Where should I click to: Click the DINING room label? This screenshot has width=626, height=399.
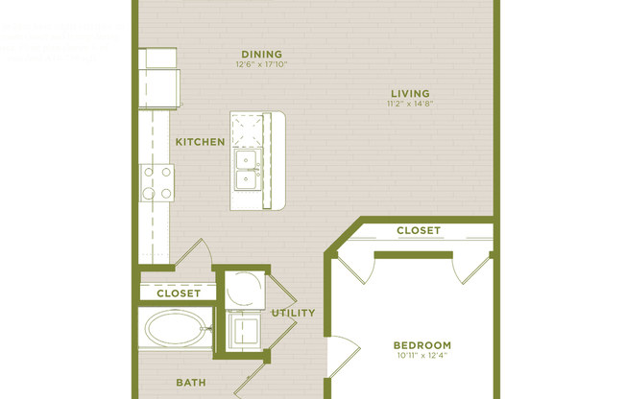(x=261, y=54)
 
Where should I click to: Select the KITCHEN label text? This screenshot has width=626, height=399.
(x=200, y=142)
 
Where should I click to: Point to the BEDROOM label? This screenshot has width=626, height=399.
(x=421, y=345)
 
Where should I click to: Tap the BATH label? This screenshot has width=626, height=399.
(x=190, y=383)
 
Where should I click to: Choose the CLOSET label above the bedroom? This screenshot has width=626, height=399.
(x=418, y=230)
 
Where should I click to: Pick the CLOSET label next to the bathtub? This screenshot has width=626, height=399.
(x=178, y=293)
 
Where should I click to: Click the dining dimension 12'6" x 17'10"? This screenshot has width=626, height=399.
(x=261, y=65)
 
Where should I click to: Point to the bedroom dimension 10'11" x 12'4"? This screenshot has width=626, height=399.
(x=421, y=357)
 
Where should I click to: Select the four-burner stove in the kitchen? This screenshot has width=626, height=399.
(x=157, y=181)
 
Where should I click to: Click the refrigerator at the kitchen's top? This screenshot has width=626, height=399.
(x=158, y=78)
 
